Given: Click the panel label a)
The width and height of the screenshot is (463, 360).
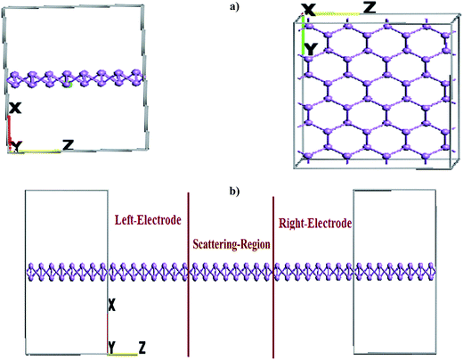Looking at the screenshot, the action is [234, 7].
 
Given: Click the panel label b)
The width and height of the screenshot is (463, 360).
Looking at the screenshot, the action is [234, 192].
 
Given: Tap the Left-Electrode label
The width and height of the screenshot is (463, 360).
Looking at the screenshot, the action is [148, 220].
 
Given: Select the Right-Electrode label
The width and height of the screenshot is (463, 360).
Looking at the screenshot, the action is [315, 223].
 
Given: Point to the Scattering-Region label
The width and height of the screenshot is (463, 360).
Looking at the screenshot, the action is [231, 244].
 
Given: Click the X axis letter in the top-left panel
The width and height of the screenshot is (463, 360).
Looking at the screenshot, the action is [15, 108].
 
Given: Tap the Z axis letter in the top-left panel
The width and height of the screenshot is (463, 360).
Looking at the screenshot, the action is [68, 145].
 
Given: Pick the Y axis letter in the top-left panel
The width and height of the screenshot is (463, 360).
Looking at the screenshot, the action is [18, 146].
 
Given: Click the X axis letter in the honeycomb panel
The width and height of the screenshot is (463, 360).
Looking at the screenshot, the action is [309, 10].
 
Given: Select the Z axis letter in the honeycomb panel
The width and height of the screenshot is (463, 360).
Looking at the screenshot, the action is [370, 8].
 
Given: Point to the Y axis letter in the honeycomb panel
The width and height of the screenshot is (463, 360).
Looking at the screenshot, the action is [312, 49].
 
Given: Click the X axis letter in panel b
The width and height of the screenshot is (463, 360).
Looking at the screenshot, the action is [111, 305].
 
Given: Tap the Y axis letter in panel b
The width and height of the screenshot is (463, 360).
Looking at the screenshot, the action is [111, 348].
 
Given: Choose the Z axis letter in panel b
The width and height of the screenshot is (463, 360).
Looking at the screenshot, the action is [142, 348].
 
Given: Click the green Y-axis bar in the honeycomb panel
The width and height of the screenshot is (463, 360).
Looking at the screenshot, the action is [304, 35].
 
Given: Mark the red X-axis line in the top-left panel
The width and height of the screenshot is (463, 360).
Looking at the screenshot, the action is [10, 132].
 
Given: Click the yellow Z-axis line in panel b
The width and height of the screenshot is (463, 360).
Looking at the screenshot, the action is [123, 354].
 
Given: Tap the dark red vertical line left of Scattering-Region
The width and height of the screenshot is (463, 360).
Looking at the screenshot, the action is [188, 274].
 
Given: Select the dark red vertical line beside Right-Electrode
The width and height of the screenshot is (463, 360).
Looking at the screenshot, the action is [273, 277].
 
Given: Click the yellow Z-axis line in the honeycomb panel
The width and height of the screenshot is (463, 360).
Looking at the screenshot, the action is [337, 13].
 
